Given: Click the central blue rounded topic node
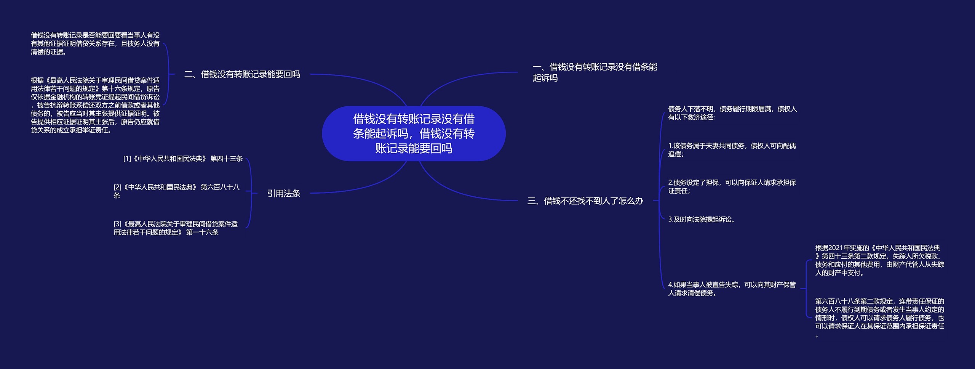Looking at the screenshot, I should (x=414, y=133).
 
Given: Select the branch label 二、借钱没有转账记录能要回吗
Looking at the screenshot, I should (x=242, y=74).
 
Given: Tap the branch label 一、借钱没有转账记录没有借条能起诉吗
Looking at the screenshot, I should (x=595, y=72).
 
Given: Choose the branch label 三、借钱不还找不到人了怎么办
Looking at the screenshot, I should (x=585, y=201).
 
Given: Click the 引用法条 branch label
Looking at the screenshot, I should (x=283, y=194).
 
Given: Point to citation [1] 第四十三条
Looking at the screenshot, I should (x=183, y=159).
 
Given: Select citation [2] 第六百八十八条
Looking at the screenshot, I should (x=176, y=191).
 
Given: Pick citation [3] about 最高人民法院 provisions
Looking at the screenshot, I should (x=175, y=228).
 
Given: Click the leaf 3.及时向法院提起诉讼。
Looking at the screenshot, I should (x=702, y=220).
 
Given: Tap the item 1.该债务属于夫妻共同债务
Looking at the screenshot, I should (x=732, y=150).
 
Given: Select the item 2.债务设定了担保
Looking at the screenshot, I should (x=732, y=186).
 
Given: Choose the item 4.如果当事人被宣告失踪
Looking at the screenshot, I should (x=732, y=289).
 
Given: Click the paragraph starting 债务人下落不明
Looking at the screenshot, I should (x=732, y=113).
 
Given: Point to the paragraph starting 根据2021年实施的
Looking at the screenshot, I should (x=879, y=260).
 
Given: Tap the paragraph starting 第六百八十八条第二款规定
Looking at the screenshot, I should (x=879, y=318).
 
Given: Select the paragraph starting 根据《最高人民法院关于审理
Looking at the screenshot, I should (x=95, y=105).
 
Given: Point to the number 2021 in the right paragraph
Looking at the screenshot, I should (x=837, y=248).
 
